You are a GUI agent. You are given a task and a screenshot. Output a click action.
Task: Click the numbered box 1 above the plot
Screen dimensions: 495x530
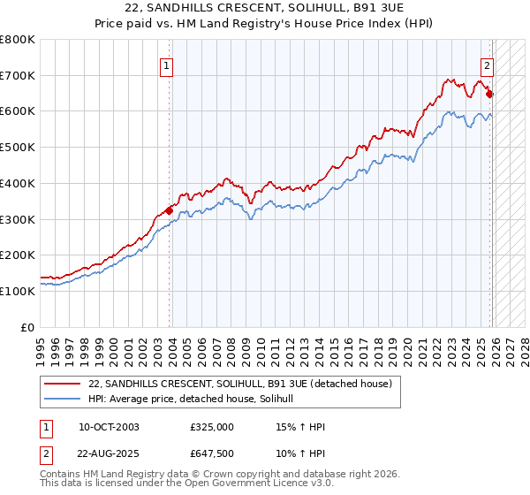tap(166, 64)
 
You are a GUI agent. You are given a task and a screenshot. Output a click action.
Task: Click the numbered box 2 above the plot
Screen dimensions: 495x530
tap(487, 64)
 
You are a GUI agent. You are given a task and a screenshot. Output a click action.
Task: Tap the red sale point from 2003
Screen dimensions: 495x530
tap(170, 210)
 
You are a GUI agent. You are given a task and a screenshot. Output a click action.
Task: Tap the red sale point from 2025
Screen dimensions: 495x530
tap(490, 95)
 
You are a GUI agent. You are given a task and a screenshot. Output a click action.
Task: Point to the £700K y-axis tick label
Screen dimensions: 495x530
tap(17, 76)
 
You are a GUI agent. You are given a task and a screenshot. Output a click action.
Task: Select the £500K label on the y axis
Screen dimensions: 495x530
tap(17, 148)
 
